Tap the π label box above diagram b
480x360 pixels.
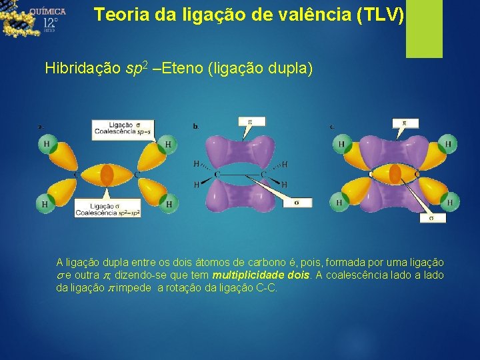[x=251, y=121]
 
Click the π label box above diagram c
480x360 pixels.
[x=404, y=123]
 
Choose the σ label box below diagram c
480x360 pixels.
[x=431, y=217]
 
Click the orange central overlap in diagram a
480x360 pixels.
[x=107, y=175]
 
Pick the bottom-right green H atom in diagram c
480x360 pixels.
[x=449, y=201]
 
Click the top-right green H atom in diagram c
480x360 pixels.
[x=448, y=143]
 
